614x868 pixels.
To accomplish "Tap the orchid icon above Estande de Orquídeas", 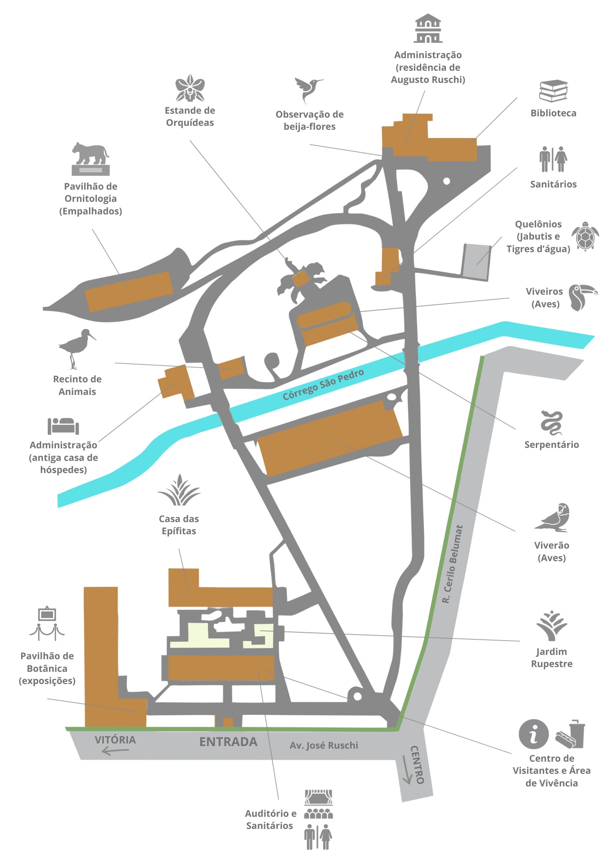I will click(x=190, y=88).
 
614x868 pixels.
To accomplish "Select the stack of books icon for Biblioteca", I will click(x=553, y=91).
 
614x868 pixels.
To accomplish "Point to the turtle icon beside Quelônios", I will click(x=585, y=236).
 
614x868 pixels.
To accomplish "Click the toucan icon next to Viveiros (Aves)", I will click(x=582, y=297).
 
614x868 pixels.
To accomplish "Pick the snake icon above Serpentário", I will click(x=551, y=423).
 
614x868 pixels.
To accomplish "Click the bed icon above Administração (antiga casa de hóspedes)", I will click(x=63, y=426).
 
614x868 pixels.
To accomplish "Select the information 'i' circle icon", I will click(x=534, y=734).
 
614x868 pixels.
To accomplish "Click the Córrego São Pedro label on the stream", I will click(x=323, y=385).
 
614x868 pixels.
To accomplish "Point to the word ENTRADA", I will click(x=228, y=742).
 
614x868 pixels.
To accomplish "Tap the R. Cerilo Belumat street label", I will click(x=453, y=564).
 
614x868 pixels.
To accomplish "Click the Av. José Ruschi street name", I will click(x=324, y=745).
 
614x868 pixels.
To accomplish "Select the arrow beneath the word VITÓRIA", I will click(x=115, y=751).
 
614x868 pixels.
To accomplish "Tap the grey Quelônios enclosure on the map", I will click(x=476, y=261).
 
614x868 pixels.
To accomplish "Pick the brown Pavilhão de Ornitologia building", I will click(x=129, y=291).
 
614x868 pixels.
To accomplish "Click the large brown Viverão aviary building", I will click(x=330, y=438).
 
